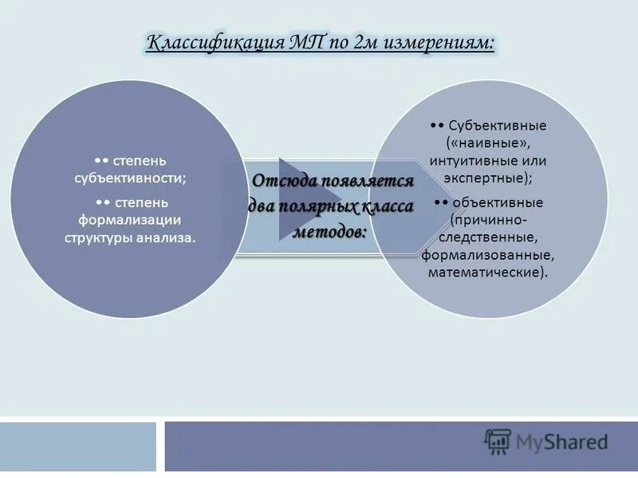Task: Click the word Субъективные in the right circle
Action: (x=490, y=127)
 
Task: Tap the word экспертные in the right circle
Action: (x=487, y=178)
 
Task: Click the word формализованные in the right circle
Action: (x=487, y=255)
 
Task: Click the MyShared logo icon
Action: (x=498, y=441)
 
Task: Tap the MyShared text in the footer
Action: (x=561, y=441)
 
